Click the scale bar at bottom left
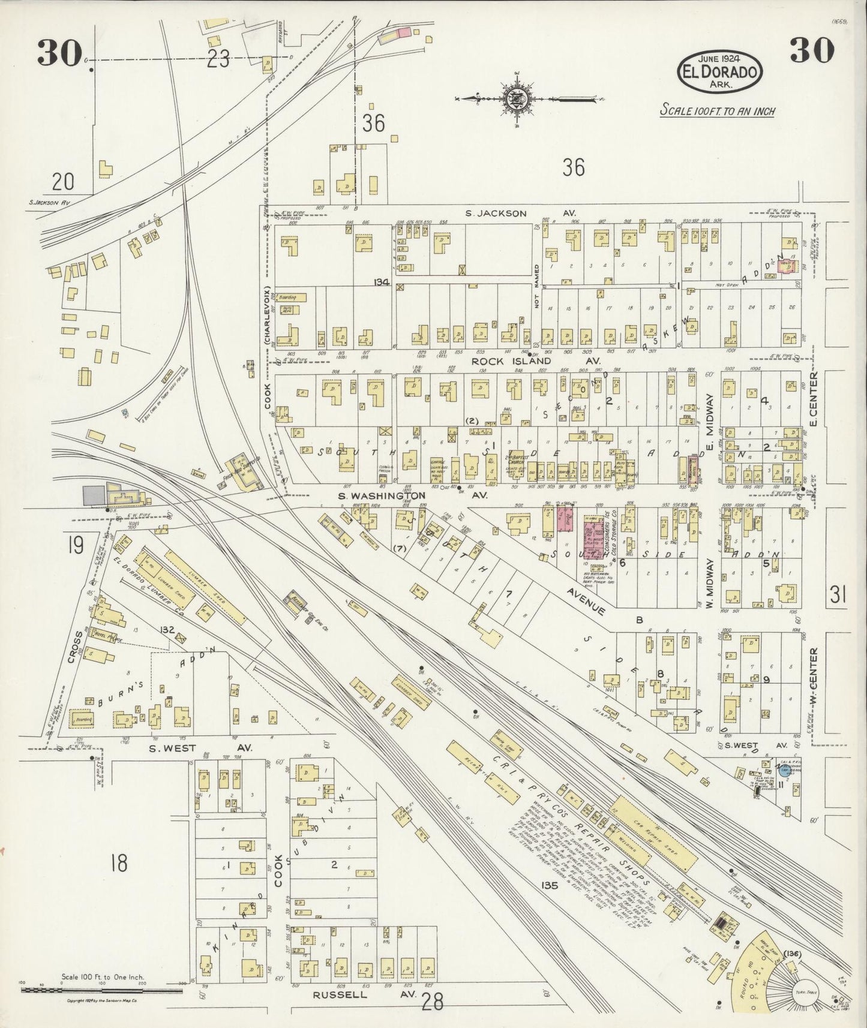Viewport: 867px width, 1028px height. (x=101, y=987)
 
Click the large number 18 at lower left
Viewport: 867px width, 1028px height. (x=119, y=864)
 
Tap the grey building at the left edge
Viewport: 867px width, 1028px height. (x=92, y=495)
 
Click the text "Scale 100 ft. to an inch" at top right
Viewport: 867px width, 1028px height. (x=717, y=110)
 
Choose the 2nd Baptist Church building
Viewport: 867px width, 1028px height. (x=517, y=465)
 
